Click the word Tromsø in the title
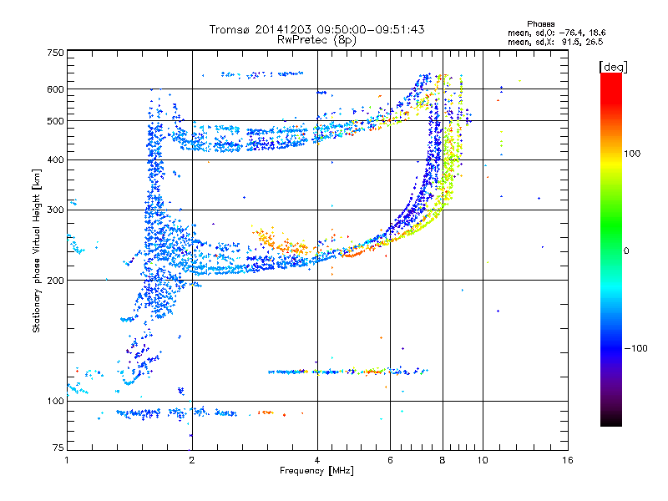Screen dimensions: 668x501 (230, 29)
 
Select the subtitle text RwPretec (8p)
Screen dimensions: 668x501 (316, 40)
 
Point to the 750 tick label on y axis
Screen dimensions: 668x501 (56, 53)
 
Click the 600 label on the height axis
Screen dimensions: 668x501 (56, 89)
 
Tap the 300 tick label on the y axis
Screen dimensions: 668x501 (56, 210)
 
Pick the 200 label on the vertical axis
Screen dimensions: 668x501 (56, 281)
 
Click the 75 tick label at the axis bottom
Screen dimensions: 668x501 (58, 448)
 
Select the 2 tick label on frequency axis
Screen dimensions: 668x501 (192, 460)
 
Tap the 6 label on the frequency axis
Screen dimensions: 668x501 (390, 460)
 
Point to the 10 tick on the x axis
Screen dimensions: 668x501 (483, 460)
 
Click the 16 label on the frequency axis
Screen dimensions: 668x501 (568, 460)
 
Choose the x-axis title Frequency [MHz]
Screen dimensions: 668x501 (316, 471)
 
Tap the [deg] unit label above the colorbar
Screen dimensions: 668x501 (613, 68)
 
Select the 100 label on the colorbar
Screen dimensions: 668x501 (632, 154)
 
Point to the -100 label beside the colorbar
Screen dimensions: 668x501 (636, 348)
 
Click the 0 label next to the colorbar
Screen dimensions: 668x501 (626, 251)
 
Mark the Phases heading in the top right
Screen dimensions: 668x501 (540, 24)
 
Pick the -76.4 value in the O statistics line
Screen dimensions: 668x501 (571, 33)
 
